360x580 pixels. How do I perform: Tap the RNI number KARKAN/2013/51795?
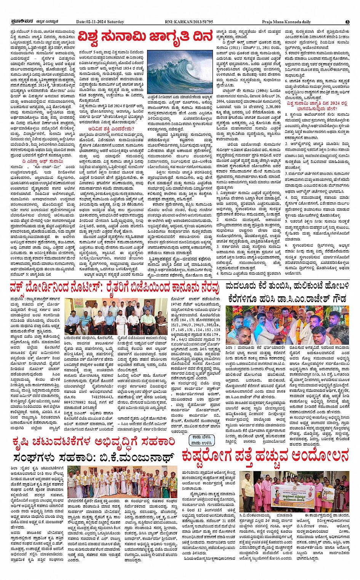click(189, 22)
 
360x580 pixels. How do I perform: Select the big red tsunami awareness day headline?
click(145, 37)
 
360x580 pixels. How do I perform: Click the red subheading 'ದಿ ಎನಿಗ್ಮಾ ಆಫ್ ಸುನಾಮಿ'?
click(37, 161)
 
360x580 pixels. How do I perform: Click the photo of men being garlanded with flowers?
click(288, 324)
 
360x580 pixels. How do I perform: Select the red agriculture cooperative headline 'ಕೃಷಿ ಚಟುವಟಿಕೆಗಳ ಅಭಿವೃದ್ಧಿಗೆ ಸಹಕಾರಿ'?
click(93, 442)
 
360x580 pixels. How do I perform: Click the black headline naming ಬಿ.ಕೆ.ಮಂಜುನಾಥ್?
click(93, 457)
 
